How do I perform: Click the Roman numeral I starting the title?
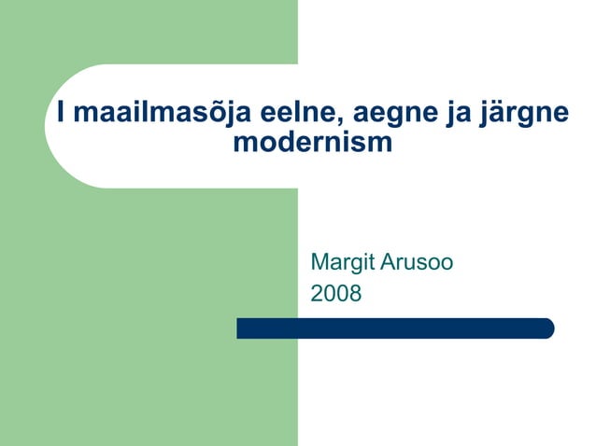tap(61, 113)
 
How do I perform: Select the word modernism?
tap(312, 144)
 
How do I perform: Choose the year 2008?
tap(335, 294)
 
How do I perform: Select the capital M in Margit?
tap(319, 262)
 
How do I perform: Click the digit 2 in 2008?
tap(317, 294)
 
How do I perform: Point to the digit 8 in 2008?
tap(355, 294)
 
